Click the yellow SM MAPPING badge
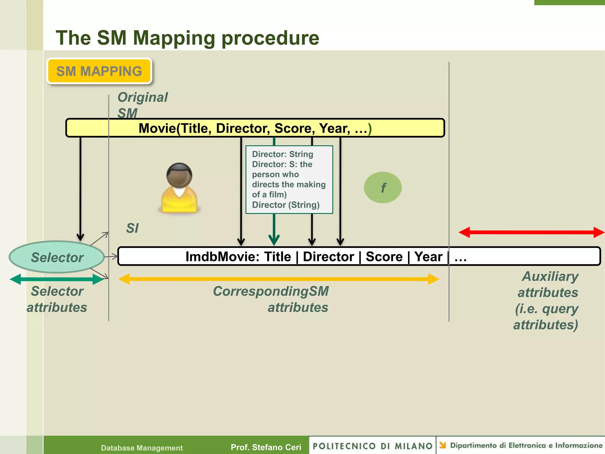99,71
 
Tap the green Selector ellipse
57,257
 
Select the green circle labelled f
383,187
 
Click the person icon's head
179,175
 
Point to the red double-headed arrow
531,232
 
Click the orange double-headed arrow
278,279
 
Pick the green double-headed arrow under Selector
57,279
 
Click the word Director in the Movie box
243,128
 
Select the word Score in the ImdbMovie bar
384,257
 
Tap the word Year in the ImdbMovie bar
428,257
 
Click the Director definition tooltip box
289,179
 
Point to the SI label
132,228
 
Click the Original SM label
142,105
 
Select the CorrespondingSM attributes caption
271,299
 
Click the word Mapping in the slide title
174,38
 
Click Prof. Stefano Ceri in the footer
266,447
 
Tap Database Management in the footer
142,448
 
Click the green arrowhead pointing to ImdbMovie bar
274,239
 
